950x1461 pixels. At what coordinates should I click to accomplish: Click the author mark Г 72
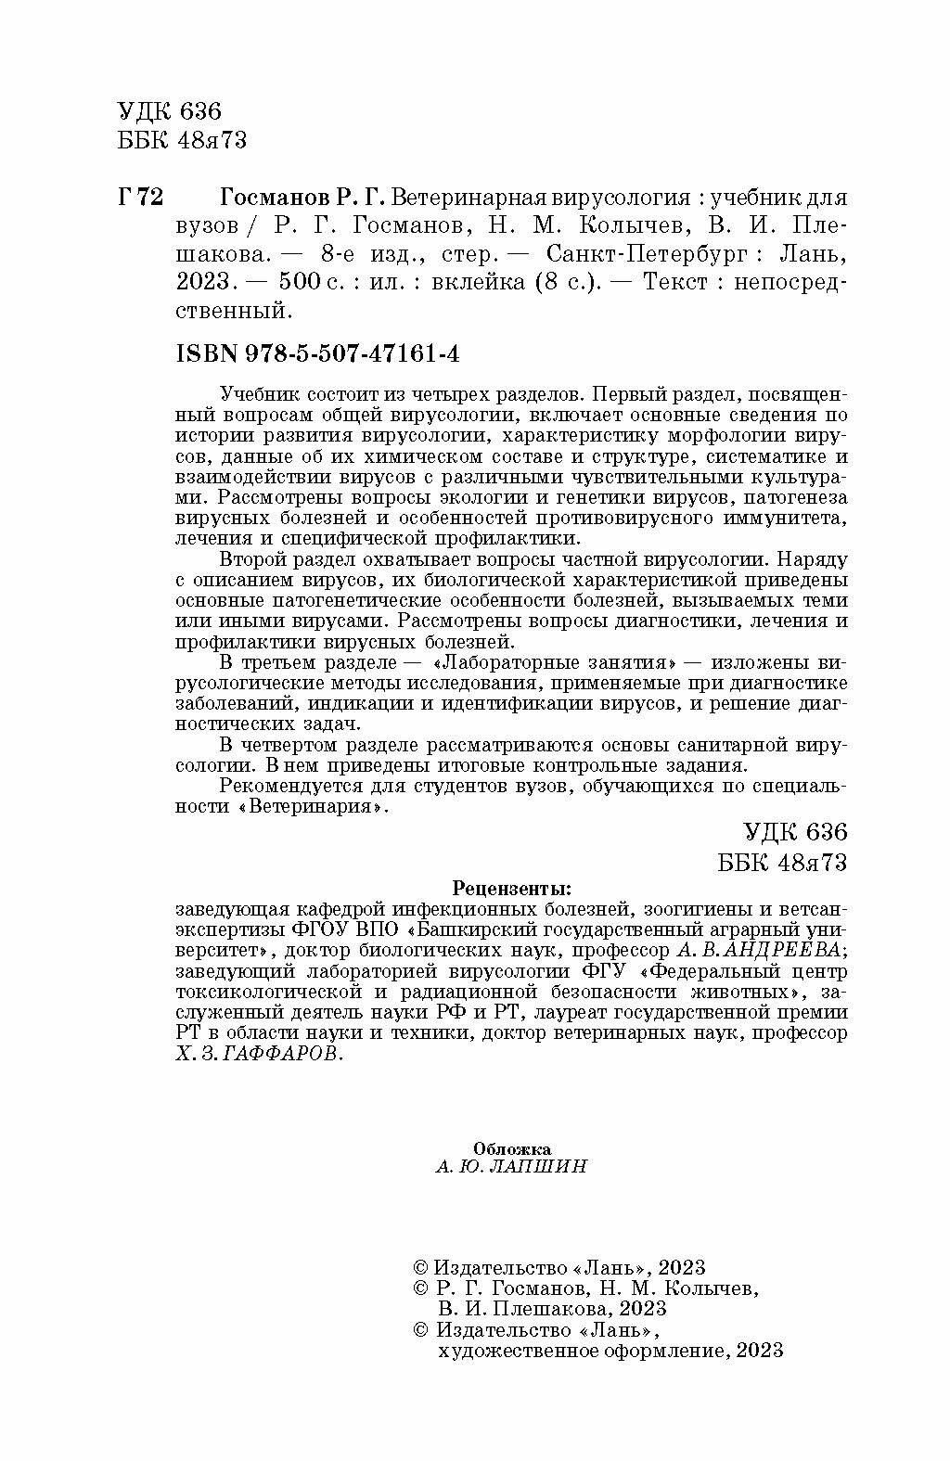click(141, 198)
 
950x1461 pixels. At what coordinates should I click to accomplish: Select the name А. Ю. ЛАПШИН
click(511, 1167)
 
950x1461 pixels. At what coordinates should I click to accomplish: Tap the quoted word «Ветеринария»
click(312, 807)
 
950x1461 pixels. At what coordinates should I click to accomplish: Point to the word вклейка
click(468, 281)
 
